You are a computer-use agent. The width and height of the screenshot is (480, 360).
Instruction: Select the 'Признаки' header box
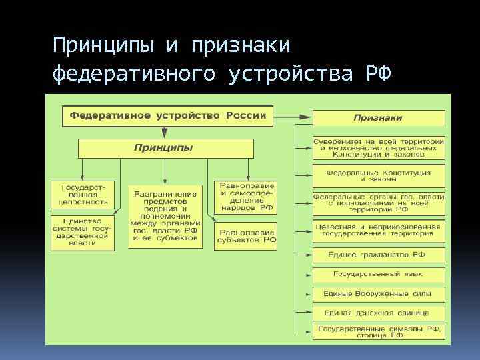pos(378,117)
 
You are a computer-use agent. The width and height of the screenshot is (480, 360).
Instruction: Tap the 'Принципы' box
pos(165,147)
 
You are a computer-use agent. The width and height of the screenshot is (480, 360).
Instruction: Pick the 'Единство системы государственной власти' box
pos(83,232)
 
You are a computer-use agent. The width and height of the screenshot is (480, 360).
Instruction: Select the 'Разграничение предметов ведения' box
pos(165,216)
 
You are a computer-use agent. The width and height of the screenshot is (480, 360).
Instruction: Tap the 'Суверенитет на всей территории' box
pos(379,148)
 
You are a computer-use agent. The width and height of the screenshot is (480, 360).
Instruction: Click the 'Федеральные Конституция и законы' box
pos(379,176)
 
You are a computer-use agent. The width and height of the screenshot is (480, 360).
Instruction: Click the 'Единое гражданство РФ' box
pos(379,255)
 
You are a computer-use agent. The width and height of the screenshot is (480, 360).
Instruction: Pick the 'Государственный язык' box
pos(379,275)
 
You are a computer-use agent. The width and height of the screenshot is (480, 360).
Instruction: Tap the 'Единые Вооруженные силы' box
pos(379,293)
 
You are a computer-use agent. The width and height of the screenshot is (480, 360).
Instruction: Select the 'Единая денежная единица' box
pos(379,312)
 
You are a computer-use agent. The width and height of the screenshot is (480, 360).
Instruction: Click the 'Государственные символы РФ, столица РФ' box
pos(379,332)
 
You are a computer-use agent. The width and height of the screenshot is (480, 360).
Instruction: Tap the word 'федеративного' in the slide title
pos(134,73)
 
